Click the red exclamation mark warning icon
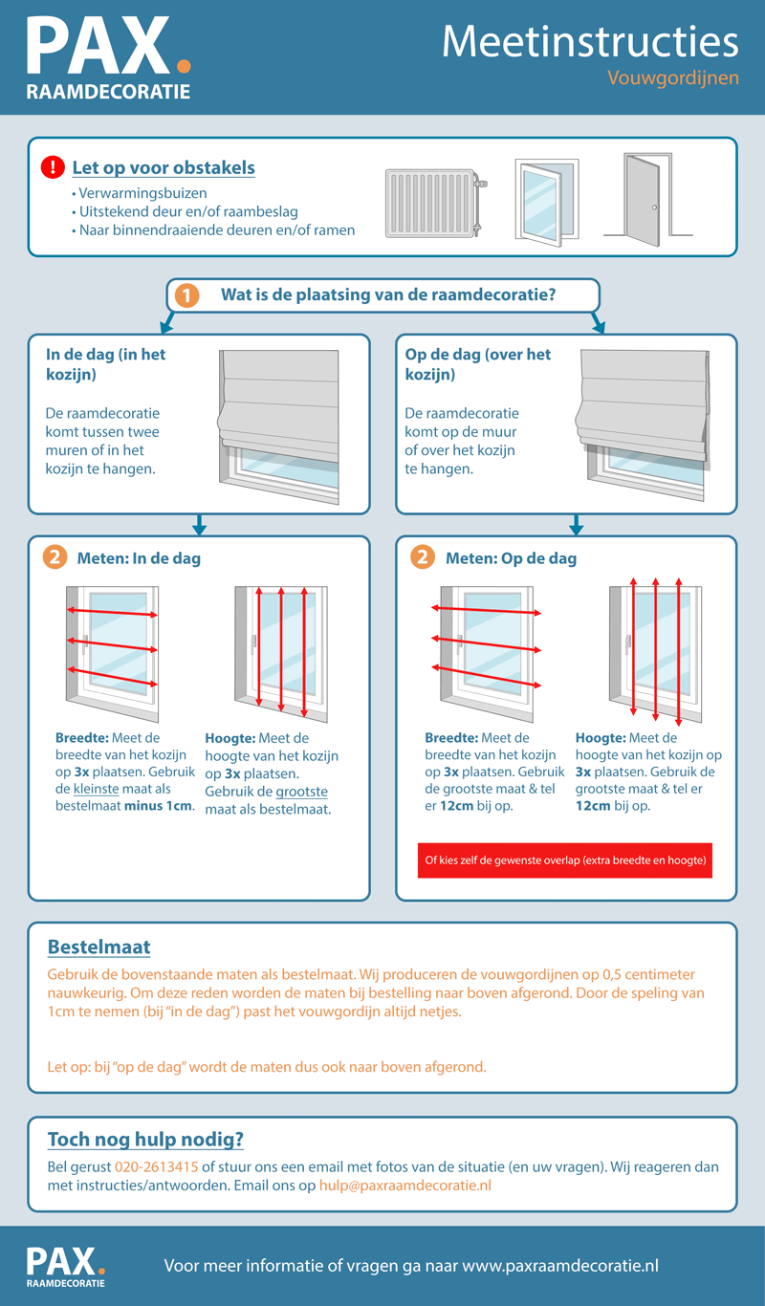pos(53,168)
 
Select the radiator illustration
pos(436,204)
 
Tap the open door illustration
pos(646,196)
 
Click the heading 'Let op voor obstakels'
pos(164,168)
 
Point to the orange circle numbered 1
pos(186,295)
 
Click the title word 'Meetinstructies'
pos(590,42)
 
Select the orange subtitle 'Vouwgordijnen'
pos(673,77)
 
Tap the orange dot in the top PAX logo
pos(184,66)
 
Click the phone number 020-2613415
pos(156,1167)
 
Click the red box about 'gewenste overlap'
pos(563,860)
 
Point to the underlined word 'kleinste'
pos(97,790)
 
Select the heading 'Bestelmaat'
pos(98,947)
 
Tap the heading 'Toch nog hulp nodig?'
pos(145,1140)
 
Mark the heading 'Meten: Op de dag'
pos(511,558)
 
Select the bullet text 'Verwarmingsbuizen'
pos(142,193)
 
